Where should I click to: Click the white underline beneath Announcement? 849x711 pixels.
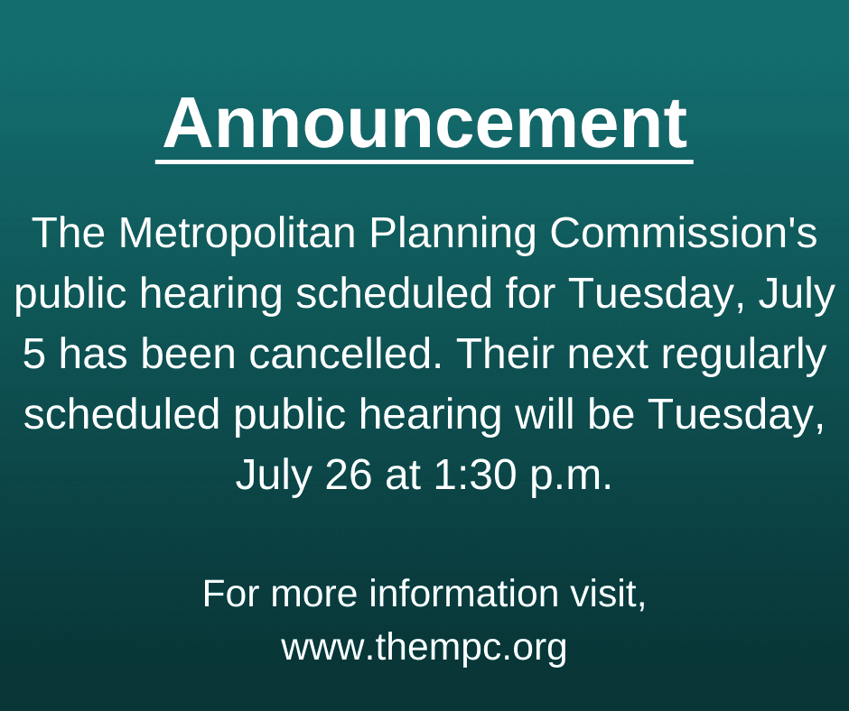(x=424, y=162)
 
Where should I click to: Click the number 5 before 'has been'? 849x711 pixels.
(x=33, y=355)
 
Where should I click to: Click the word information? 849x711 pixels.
(x=458, y=594)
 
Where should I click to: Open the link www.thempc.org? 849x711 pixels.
(x=424, y=647)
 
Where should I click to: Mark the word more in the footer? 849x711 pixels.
(x=313, y=594)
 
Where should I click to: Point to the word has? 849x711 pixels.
(x=95, y=355)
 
